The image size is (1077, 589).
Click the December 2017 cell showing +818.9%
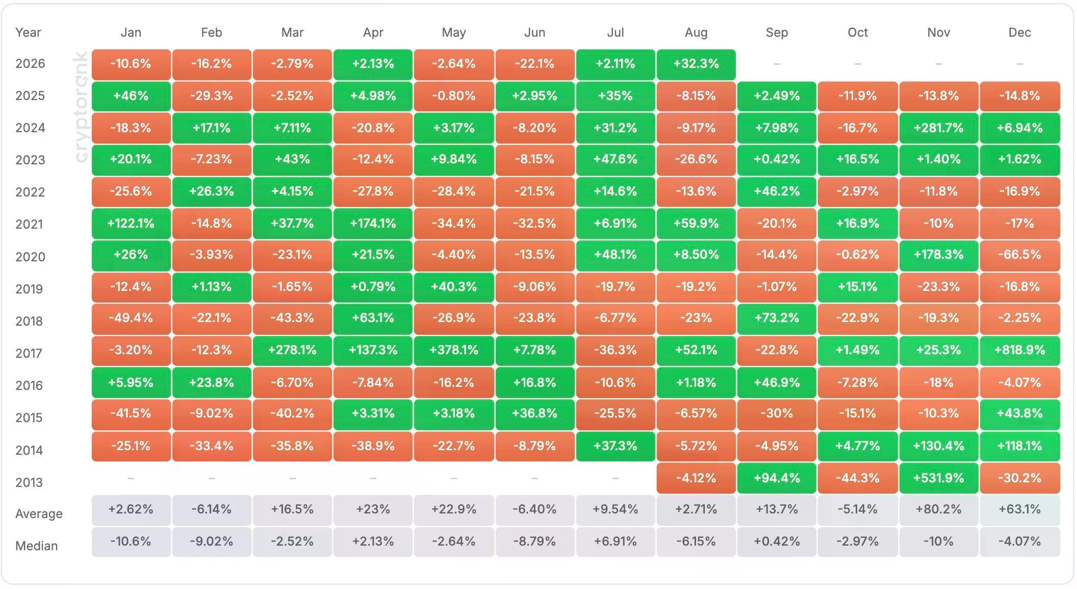click(x=1019, y=350)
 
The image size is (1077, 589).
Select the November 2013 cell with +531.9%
click(x=938, y=478)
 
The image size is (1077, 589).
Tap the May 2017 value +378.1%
click(x=454, y=350)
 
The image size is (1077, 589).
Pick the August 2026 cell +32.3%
click(x=696, y=64)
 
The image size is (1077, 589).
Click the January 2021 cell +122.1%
click(x=131, y=224)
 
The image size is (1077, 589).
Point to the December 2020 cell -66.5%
click(x=1019, y=255)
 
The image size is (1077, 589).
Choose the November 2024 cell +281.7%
click(x=938, y=128)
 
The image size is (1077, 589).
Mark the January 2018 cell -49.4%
click(x=131, y=318)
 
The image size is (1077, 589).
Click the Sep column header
click(x=777, y=33)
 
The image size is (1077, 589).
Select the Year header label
click(x=28, y=33)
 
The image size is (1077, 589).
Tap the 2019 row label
click(x=29, y=289)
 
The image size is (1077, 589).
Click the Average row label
click(x=39, y=513)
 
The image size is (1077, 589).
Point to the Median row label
click(x=36, y=546)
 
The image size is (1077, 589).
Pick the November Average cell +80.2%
click(x=938, y=509)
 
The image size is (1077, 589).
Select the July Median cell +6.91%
click(x=616, y=541)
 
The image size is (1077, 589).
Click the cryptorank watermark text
click(x=81, y=107)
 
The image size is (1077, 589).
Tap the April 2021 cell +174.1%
click(x=373, y=224)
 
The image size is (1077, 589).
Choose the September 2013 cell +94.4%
click(x=777, y=478)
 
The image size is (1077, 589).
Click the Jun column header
click(x=534, y=33)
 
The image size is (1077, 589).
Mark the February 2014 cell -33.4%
click(x=212, y=446)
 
